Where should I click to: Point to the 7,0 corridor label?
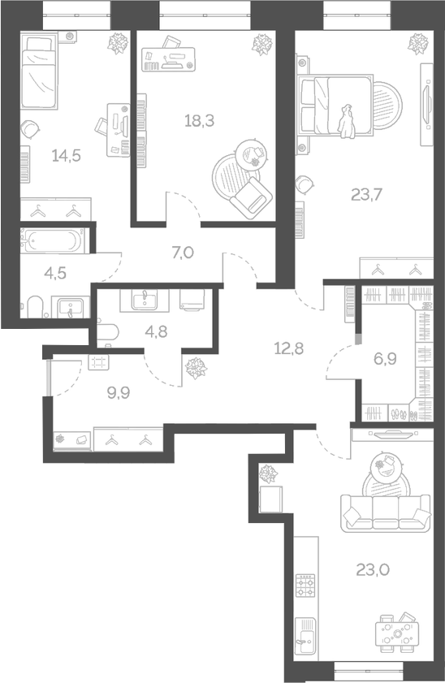click(184, 253)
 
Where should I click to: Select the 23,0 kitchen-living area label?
click(372, 569)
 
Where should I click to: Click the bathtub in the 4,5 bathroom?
click(51, 241)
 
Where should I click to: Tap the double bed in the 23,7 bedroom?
click(337, 106)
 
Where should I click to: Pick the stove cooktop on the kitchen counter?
click(305, 586)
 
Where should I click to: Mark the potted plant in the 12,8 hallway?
click(195, 370)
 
